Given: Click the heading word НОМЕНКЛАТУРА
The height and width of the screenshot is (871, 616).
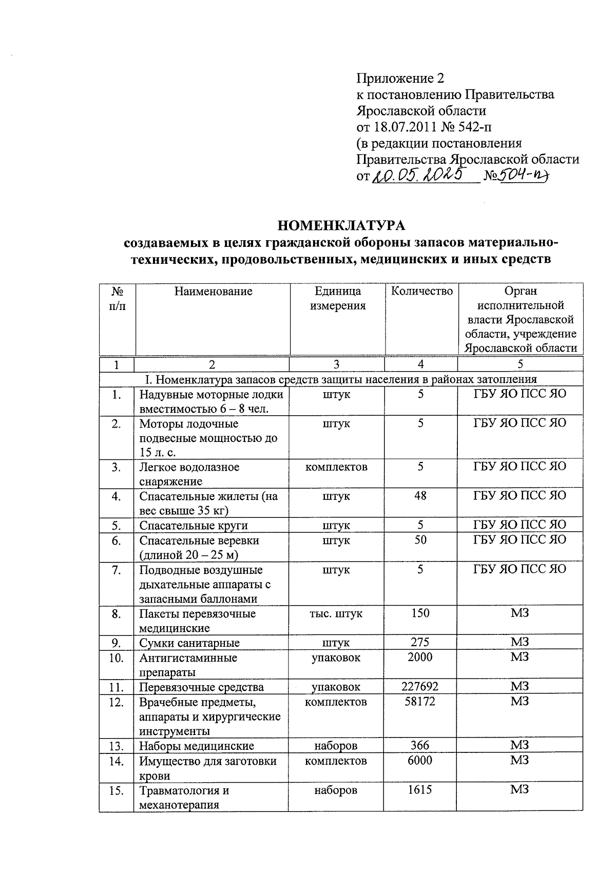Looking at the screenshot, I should pyautogui.click(x=341, y=225).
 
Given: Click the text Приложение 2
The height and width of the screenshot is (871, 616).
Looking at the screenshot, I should pyautogui.click(x=400, y=78).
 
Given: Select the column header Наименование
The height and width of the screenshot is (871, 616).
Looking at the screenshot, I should pyautogui.click(x=213, y=292).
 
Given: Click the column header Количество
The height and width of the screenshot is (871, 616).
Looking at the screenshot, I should pyautogui.click(x=421, y=292).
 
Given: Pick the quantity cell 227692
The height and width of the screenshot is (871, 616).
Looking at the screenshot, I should pyautogui.click(x=420, y=686).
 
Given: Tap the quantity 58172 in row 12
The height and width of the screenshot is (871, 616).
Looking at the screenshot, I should pyautogui.click(x=420, y=701).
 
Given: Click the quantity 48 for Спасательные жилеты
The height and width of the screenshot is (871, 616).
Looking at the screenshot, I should pyautogui.click(x=420, y=496).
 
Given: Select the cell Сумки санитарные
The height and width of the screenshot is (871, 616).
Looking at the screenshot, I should pyautogui.click(x=189, y=643).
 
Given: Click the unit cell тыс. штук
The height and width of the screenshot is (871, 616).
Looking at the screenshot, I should pyautogui.click(x=336, y=613).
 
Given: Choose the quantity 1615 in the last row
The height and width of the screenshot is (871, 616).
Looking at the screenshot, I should pyautogui.click(x=420, y=790).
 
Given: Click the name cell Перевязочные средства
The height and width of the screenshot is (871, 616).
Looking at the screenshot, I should pyautogui.click(x=201, y=687).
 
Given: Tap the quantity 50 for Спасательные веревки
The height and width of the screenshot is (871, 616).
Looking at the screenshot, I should pyautogui.click(x=420, y=540).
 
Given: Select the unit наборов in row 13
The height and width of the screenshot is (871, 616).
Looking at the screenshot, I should pyautogui.click(x=336, y=746).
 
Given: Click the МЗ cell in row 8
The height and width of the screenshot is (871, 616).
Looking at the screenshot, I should pyautogui.click(x=519, y=613).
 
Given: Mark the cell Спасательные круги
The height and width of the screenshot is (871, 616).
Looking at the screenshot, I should pyautogui.click(x=194, y=526).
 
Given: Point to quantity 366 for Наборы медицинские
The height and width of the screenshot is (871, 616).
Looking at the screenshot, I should pyautogui.click(x=420, y=745).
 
